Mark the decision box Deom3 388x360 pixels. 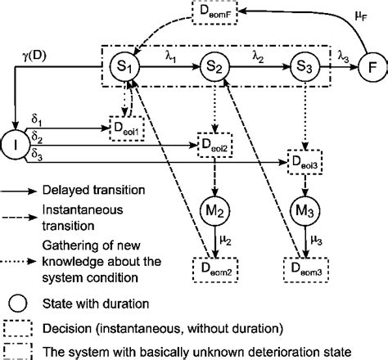[304, 266]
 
